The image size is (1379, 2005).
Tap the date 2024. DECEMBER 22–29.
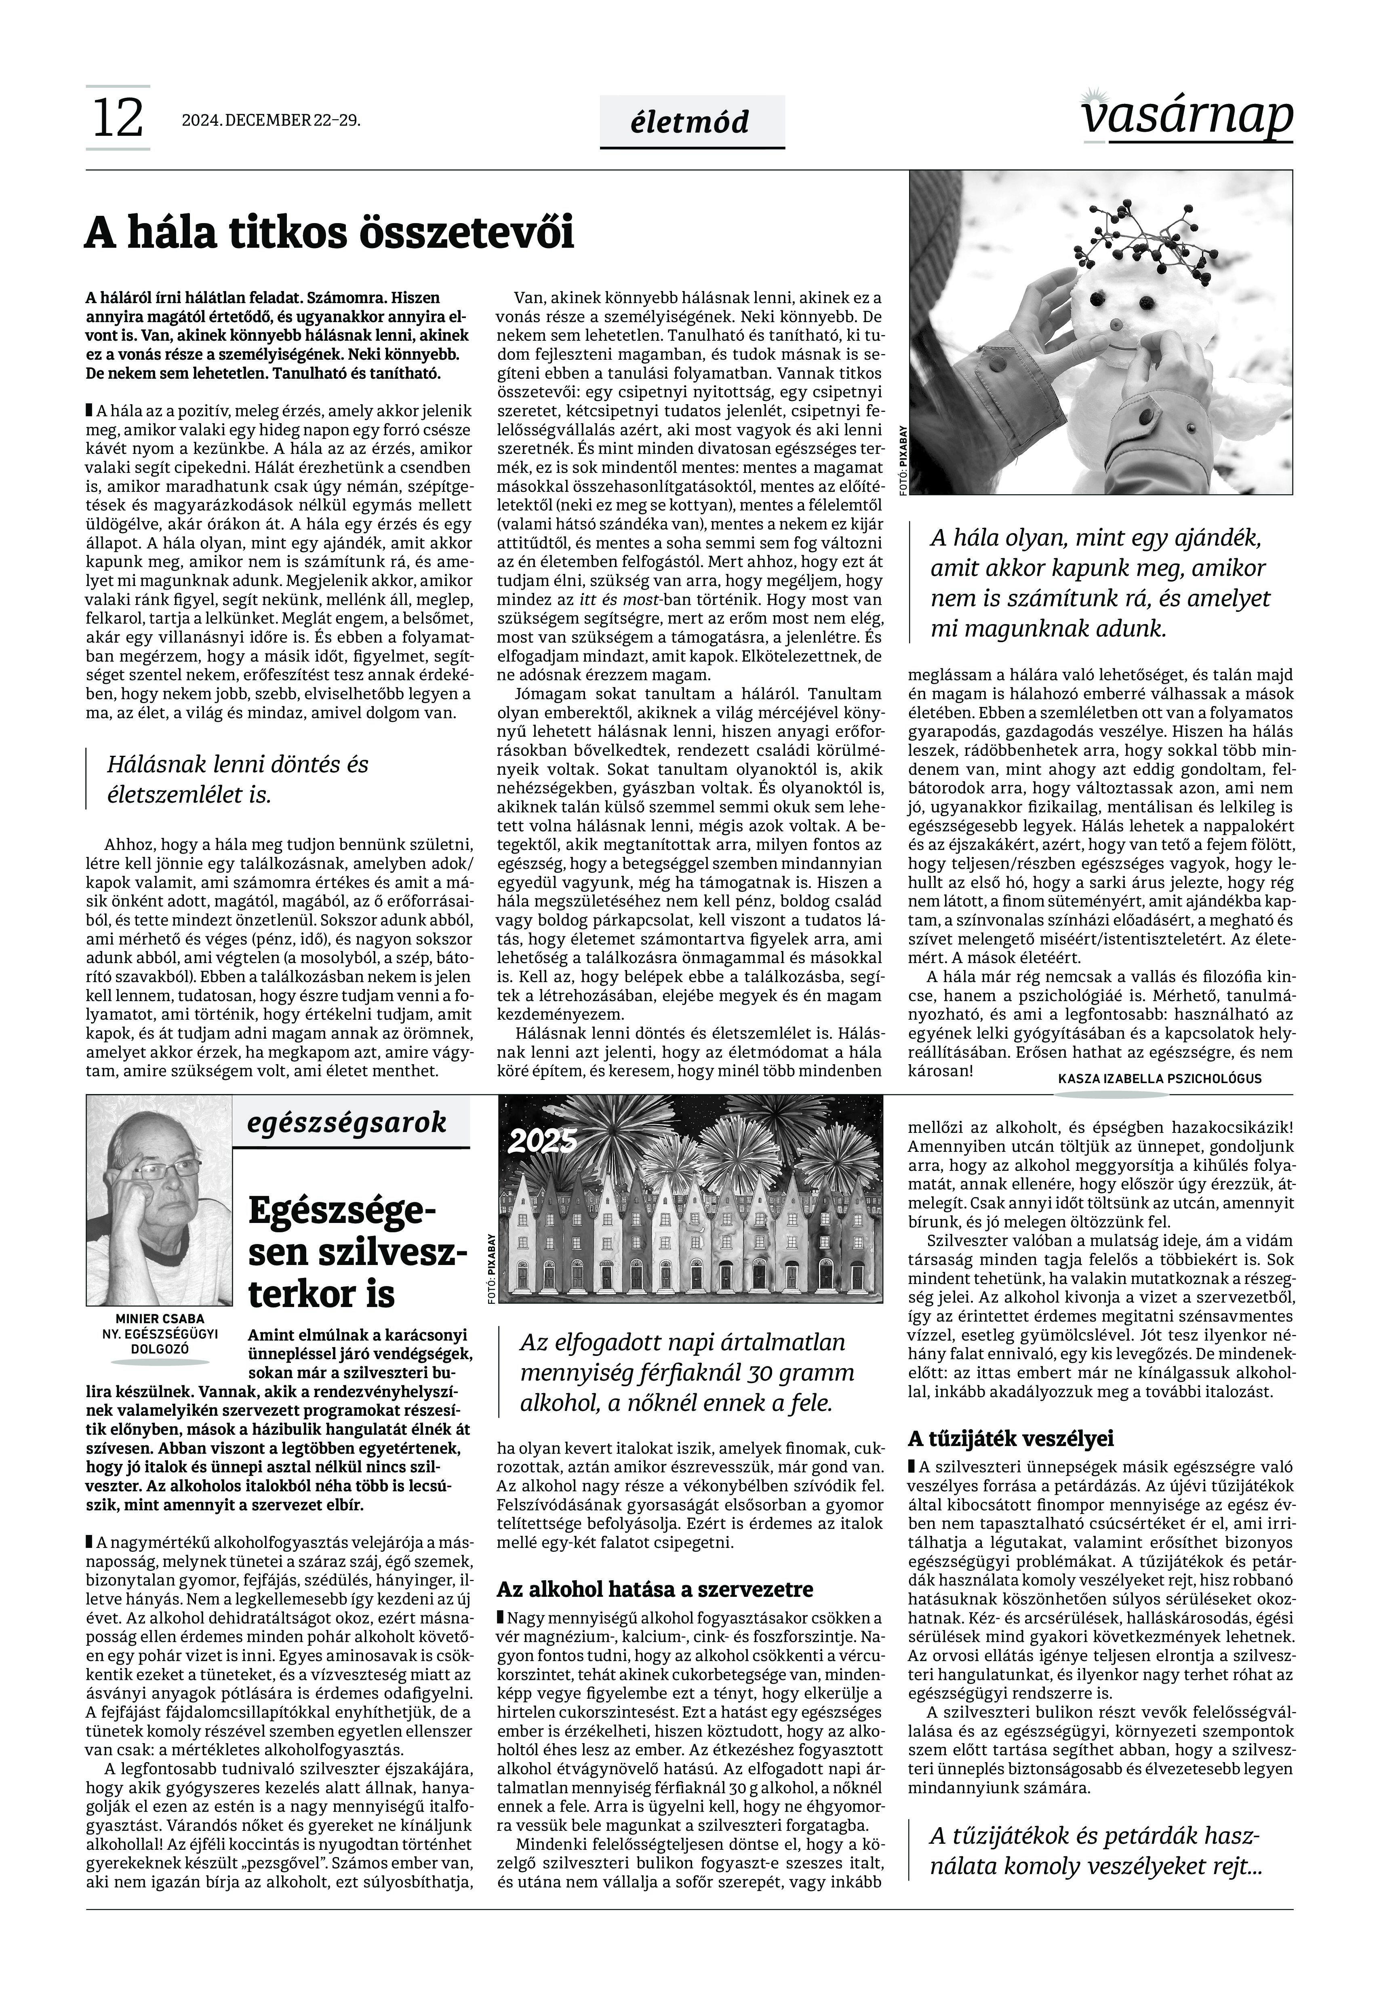pos(270,121)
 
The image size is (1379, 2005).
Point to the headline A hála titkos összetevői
pos(329,233)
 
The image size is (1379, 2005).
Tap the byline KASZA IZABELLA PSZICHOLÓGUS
pos(1159,1079)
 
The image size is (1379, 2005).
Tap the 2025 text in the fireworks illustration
pos(542,1143)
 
